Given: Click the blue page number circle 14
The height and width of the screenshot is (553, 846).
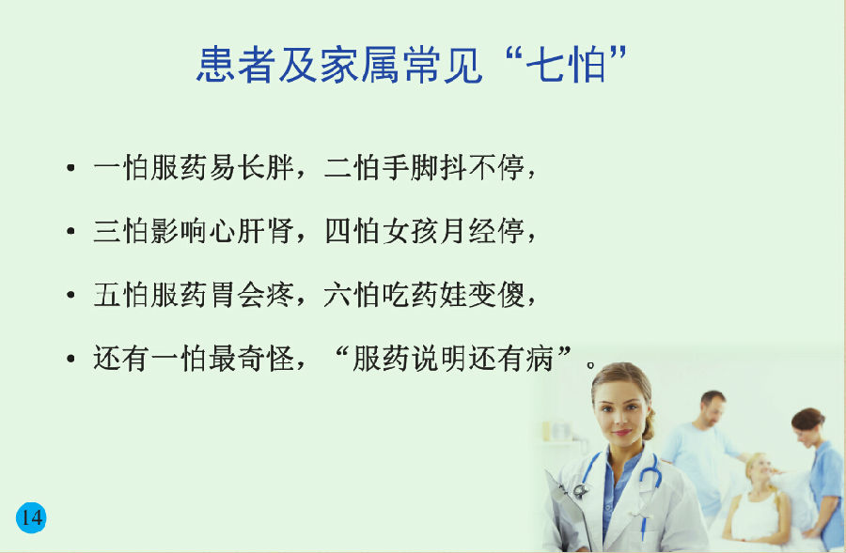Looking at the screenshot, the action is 31,517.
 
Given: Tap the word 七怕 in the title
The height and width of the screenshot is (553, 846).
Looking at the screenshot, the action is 566,65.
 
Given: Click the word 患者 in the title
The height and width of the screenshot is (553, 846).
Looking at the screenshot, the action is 235,65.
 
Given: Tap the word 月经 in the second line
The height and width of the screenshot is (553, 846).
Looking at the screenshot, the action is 468,231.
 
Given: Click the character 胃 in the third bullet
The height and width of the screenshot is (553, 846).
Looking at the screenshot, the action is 222,295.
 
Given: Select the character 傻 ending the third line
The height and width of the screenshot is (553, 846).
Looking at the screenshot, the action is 511,295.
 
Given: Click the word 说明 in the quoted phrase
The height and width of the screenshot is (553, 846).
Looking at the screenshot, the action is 439,359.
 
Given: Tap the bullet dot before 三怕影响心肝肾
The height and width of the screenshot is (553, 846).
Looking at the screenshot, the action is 70,232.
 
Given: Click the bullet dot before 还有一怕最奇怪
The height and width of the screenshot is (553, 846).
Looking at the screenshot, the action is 70,359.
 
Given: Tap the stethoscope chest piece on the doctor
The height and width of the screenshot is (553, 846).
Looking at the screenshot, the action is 580,490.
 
